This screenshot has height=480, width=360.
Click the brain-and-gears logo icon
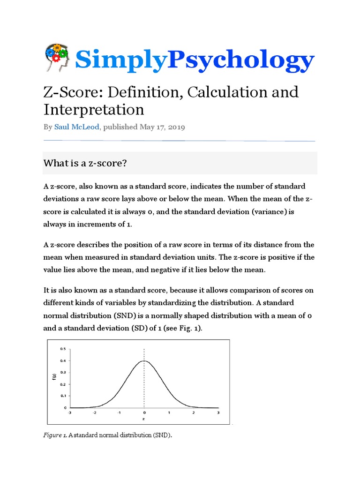57,59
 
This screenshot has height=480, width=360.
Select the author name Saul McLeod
75,127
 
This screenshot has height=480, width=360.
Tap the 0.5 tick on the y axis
63,349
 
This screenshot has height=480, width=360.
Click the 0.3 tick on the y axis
63,373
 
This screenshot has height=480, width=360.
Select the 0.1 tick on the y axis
63,396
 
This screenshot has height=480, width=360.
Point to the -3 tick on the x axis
70,412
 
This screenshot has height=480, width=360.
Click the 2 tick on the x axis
193,412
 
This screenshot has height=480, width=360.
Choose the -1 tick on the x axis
119,412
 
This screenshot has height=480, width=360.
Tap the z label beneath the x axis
144,419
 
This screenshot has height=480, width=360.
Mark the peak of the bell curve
144,361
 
